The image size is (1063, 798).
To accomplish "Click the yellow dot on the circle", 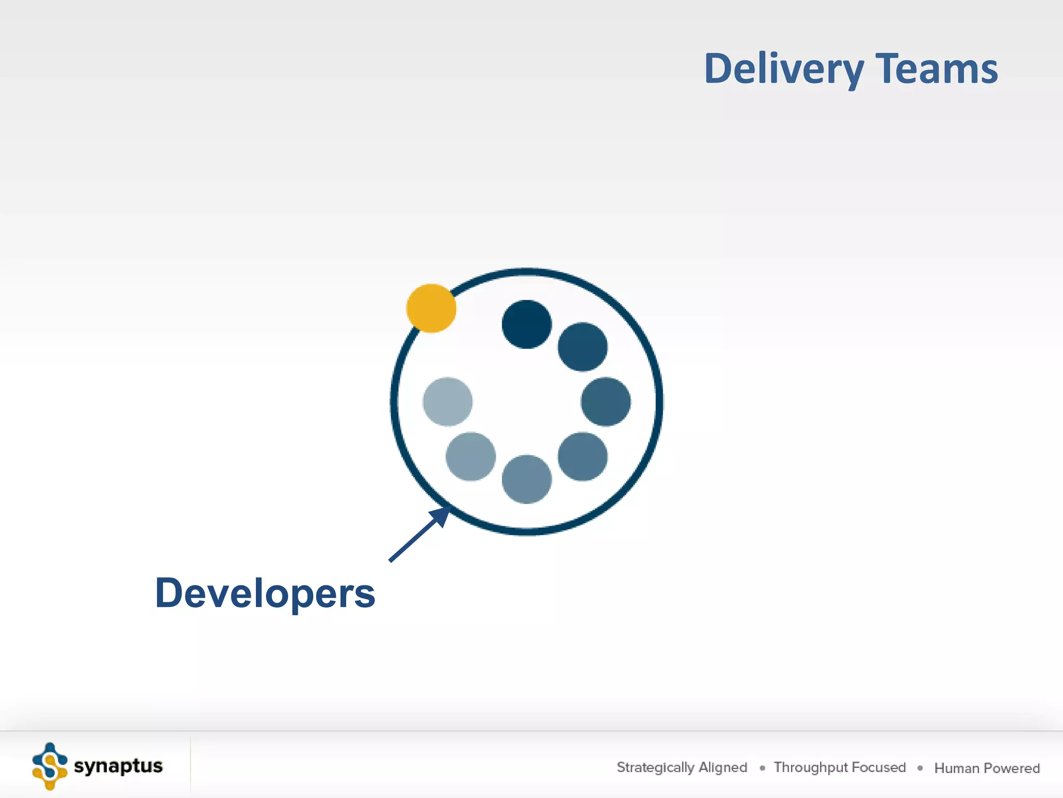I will coord(431,308).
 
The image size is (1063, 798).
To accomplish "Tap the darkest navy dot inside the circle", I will coord(526,324).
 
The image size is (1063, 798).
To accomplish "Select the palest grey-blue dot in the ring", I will coord(447,402).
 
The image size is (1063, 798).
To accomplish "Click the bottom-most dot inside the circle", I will coord(526,479).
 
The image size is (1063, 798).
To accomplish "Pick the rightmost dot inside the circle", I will coord(606,402).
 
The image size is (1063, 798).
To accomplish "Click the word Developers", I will coord(265,593).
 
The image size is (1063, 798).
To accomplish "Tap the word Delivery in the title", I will coord(784,69).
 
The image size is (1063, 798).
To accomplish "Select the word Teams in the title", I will coord(936,69).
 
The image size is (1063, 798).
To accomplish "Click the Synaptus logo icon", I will coord(50,766).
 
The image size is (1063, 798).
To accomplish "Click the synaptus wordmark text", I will coord(118,766).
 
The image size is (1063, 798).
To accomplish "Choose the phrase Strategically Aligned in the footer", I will coord(682,767).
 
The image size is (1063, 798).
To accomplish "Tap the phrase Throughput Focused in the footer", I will coord(839,767).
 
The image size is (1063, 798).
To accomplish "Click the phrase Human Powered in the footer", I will coord(987,768).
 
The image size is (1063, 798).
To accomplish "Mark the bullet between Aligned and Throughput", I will coord(762,768).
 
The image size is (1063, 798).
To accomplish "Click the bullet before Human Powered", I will coord(920,768).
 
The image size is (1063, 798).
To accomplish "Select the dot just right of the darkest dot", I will coord(582,347).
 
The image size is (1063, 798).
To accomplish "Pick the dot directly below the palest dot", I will coord(470,457).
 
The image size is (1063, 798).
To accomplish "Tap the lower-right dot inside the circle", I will coord(582,457).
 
